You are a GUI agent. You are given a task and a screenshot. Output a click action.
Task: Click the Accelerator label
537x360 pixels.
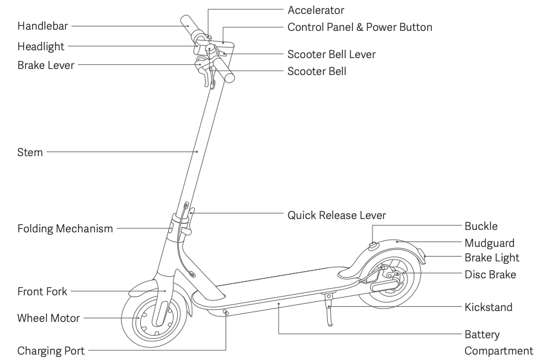click(x=316, y=10)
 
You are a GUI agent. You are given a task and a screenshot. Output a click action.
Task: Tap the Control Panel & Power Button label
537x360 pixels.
click(x=360, y=27)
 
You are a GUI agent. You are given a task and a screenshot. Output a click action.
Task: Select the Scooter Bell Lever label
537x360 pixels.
click(x=331, y=54)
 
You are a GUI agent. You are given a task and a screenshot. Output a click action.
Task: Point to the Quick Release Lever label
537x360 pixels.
click(x=337, y=215)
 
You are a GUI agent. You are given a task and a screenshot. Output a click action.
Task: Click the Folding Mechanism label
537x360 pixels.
click(x=65, y=229)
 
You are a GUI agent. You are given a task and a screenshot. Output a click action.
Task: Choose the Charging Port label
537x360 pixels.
click(x=51, y=351)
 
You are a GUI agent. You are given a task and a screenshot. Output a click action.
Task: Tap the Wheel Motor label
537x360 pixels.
click(x=48, y=318)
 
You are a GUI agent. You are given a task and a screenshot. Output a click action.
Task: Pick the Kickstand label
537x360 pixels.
click(x=489, y=307)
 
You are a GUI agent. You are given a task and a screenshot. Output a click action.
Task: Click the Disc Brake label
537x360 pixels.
click(x=490, y=275)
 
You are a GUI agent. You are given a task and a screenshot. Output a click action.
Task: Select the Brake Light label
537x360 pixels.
click(x=492, y=258)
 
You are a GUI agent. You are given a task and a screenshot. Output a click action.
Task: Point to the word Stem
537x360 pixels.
click(x=30, y=152)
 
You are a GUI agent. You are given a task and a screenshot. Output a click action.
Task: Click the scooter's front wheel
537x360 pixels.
click(x=154, y=318)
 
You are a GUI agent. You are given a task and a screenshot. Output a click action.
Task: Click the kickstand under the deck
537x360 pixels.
click(x=329, y=309)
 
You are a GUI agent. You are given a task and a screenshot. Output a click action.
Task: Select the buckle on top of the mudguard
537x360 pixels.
click(x=373, y=245)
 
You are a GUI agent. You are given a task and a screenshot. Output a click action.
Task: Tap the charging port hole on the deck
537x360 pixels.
click(x=226, y=312)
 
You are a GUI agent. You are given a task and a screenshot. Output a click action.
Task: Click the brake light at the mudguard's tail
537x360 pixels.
click(x=425, y=260)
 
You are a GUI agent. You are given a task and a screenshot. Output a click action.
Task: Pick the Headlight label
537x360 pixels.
click(x=41, y=47)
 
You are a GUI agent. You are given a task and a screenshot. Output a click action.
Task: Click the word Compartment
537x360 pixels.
click(x=499, y=352)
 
